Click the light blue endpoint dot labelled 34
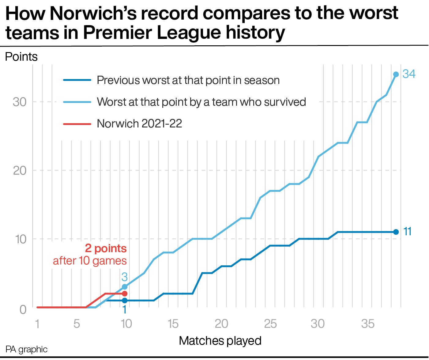[x=396, y=74]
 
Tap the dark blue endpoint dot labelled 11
[x=396, y=232]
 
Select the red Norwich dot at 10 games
[x=124, y=294]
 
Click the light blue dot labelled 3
[x=124, y=287]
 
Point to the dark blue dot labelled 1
[x=124, y=301]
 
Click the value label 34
[x=409, y=74]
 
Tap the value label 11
[x=407, y=232]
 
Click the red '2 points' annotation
[x=106, y=248]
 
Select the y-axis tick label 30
[x=20, y=102]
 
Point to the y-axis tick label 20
[x=20, y=171]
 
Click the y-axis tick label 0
[x=23, y=309]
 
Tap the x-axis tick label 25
[x=270, y=324]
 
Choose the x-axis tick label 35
[x=367, y=324]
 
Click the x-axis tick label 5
[x=77, y=324]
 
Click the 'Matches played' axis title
[x=220, y=341]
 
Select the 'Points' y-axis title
[x=21, y=57]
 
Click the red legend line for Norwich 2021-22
[x=77, y=124]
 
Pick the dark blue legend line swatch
[x=77, y=80]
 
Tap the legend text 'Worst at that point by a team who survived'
[x=201, y=102]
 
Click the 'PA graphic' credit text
[x=27, y=350]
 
